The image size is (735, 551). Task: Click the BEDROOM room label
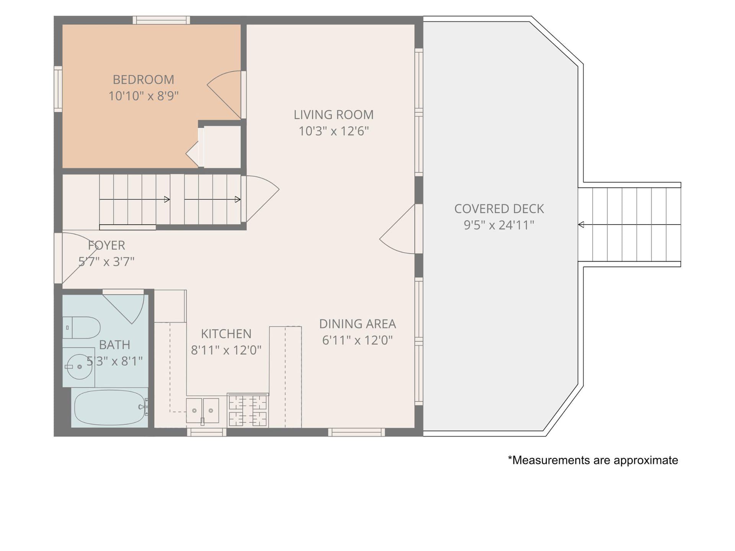pos(144,80)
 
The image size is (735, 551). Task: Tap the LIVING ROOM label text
pos(333,115)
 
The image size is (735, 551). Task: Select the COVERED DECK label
pos(499,209)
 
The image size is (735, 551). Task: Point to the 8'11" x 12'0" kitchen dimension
pos(226,350)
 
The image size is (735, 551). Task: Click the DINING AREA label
pos(358,324)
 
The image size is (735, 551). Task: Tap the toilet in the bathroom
pos(81,328)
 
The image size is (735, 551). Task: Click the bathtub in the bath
pos(110,408)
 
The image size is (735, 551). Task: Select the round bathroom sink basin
pos(79,367)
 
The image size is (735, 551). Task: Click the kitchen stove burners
pos(248,410)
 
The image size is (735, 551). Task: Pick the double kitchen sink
pos(203,411)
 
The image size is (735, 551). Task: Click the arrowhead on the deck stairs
pos(581,225)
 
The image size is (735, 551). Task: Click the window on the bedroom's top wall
pos(161,20)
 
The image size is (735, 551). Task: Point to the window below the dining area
pos(356,432)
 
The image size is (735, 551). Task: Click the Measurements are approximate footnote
pos(593,460)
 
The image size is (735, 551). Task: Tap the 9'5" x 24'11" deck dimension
pos(499,225)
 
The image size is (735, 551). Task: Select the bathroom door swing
pos(123,307)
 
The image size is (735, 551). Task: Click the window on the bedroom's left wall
pos(58,89)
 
